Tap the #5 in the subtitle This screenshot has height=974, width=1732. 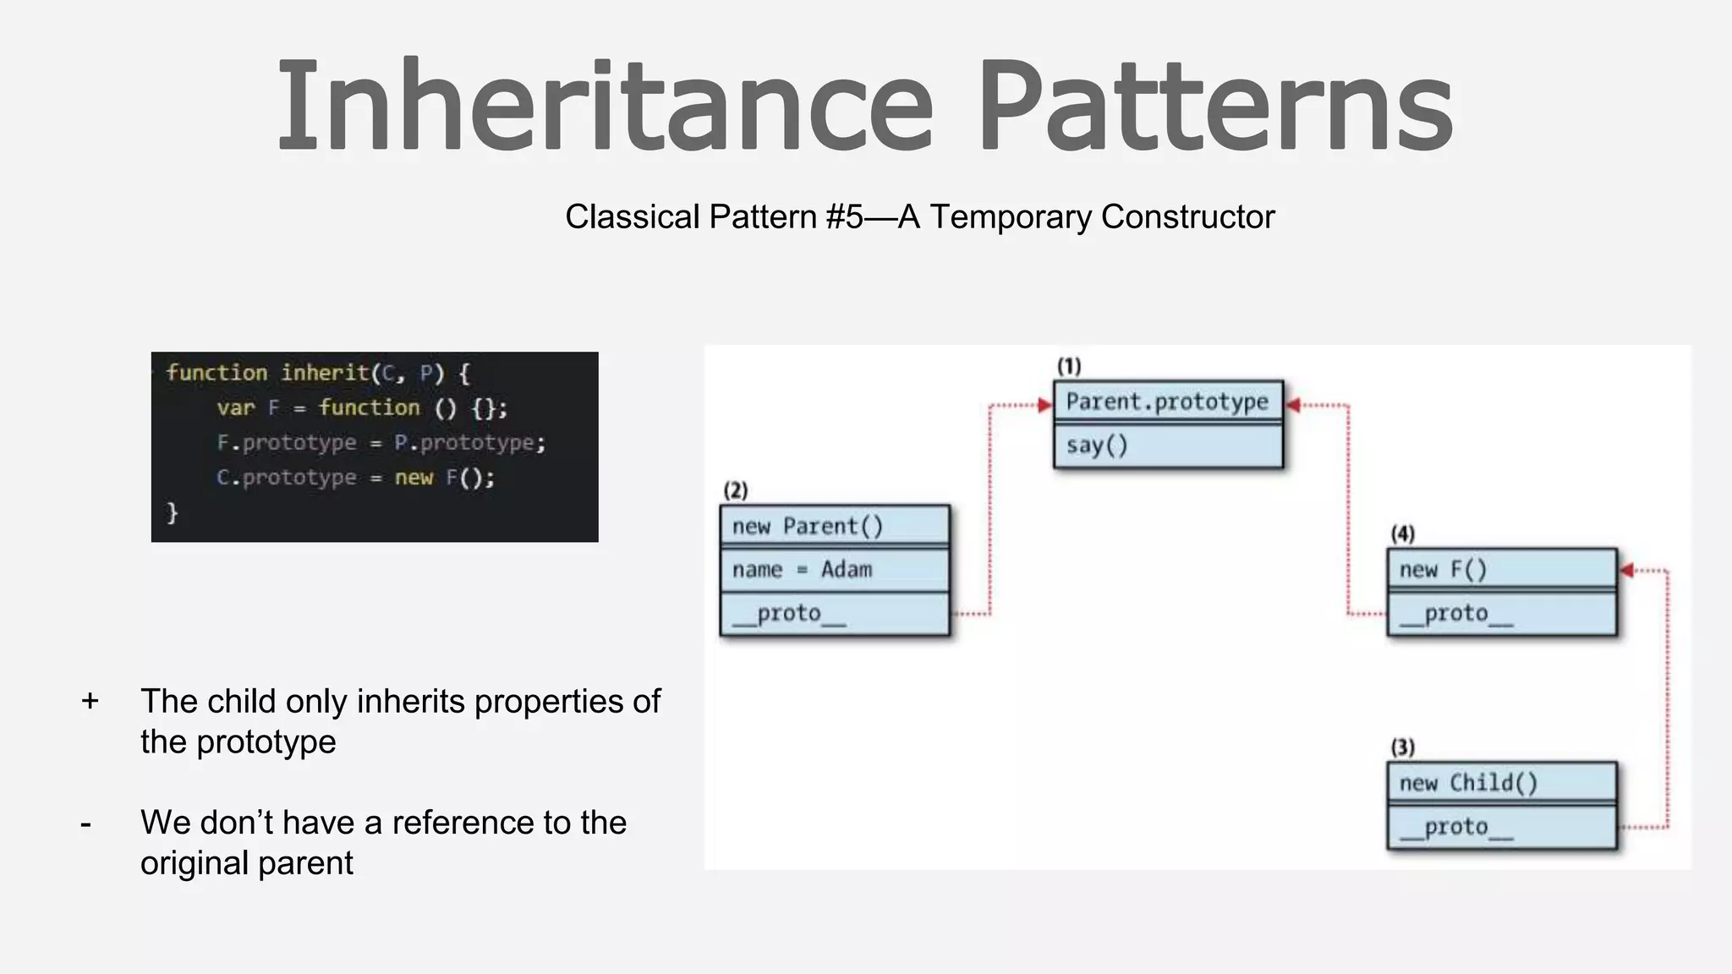844,217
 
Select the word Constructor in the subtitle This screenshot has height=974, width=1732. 1187,217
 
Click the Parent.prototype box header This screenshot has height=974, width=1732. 1167,402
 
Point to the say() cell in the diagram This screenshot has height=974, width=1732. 1167,446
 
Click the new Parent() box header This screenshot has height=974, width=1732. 835,526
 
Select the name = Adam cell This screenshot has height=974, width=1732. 835,570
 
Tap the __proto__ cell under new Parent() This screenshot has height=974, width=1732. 835,613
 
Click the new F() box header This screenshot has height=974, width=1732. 1501,569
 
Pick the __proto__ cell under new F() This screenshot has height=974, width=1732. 1501,613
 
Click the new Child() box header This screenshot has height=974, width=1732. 1501,783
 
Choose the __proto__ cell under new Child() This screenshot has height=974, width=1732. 1501,827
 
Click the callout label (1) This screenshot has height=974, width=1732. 1069,366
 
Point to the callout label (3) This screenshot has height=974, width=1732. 1403,747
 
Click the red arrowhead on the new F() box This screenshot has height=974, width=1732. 1626,571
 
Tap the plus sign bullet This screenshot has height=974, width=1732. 90,701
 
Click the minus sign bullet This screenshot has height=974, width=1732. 85,823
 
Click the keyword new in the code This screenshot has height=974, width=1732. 414,478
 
